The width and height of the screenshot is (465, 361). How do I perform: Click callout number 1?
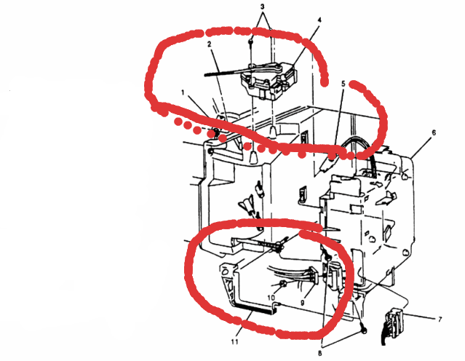coord(183,93)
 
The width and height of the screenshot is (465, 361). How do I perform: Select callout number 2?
coord(210,44)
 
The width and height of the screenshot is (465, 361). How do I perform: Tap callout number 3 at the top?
coord(262,7)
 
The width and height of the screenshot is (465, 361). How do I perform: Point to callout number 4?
coord(319,20)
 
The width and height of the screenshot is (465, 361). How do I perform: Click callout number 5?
coord(343,84)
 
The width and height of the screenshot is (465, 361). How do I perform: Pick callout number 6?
coord(434,132)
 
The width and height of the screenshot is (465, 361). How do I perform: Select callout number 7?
coord(440,320)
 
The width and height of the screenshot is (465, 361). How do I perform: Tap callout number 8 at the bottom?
coord(319,353)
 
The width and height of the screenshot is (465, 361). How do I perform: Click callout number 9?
coord(302,303)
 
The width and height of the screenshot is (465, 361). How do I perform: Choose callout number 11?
coord(234,342)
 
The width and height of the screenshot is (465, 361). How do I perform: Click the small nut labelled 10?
coord(283,284)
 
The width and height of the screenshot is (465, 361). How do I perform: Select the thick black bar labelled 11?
coord(255,309)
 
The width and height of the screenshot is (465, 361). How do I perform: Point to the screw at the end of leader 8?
coord(364,330)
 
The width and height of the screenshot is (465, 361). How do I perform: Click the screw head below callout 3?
coord(251,41)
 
